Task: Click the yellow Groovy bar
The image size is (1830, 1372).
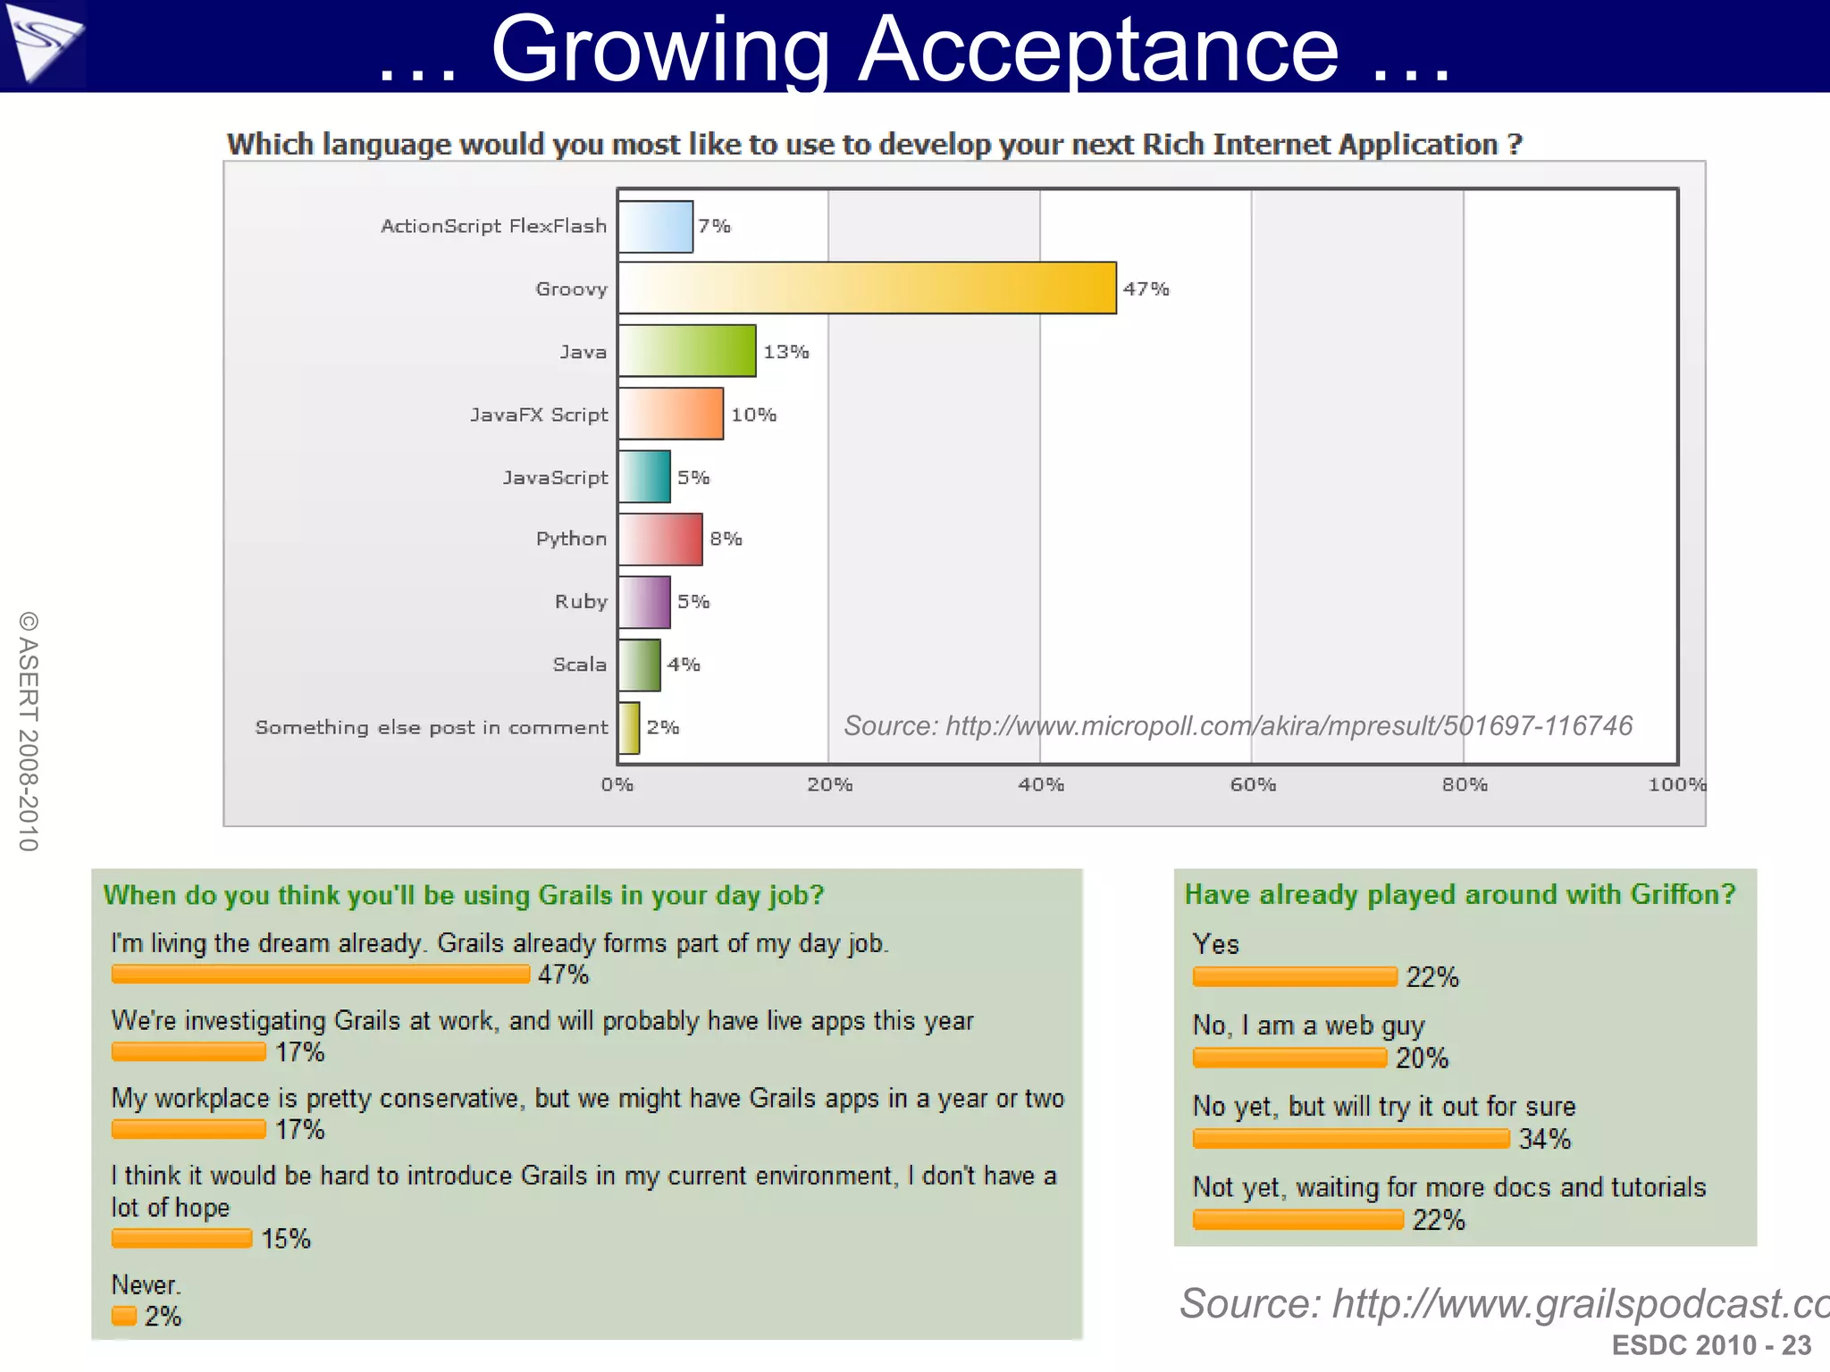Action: [x=867, y=288]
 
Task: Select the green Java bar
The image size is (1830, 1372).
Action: [x=686, y=351]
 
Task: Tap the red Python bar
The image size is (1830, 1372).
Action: [x=659, y=540]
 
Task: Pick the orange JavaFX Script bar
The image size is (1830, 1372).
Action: [x=670, y=414]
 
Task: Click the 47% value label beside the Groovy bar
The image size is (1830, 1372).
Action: [x=1146, y=289]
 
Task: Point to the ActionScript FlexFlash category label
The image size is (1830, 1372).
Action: [x=493, y=226]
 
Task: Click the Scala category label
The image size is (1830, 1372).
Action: [x=579, y=665]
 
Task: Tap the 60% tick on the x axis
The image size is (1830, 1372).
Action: [x=1253, y=785]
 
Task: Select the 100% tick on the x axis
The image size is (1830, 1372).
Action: [x=1676, y=785]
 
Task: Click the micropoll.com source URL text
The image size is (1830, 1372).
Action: [x=1238, y=726]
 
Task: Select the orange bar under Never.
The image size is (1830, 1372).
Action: [x=124, y=1316]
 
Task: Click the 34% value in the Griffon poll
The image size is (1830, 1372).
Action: [x=1544, y=1140]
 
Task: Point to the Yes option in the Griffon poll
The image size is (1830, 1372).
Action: [x=1215, y=944]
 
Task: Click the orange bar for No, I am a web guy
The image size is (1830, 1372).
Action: [x=1289, y=1058]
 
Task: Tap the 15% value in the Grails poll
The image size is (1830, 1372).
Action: [x=285, y=1239]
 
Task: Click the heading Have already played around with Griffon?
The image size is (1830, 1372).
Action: [x=1459, y=894]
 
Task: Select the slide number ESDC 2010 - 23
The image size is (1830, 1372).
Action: [x=1710, y=1345]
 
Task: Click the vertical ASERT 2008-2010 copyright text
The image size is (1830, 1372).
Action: [x=29, y=731]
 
